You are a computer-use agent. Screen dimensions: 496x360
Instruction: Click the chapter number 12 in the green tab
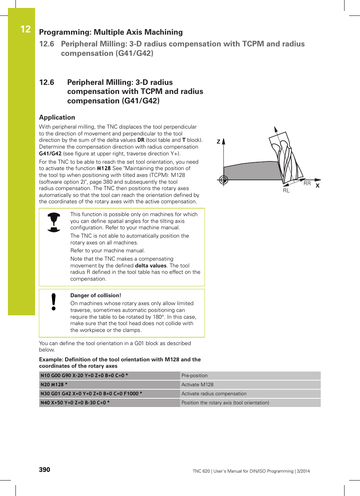[x=25, y=29]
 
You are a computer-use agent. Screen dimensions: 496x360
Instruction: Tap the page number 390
[x=45, y=470]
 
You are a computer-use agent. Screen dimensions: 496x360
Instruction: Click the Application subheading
[x=57, y=117]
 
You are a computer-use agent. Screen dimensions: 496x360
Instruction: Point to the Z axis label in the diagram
[x=218, y=142]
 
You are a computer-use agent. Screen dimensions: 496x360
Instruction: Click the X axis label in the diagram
[x=317, y=186]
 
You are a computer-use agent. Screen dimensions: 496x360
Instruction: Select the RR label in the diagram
[x=307, y=183]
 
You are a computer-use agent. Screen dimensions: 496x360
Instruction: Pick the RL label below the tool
[x=286, y=190]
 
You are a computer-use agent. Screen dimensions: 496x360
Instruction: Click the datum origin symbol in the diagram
[x=223, y=180]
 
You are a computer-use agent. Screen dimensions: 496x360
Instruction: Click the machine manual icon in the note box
[x=54, y=222]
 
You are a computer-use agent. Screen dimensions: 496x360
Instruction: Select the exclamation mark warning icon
[x=54, y=302]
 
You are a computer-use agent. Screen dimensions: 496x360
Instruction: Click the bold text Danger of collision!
[x=95, y=295]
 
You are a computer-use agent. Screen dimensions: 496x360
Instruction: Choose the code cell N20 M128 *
[x=54, y=385]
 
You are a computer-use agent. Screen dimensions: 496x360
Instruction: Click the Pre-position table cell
[x=194, y=376]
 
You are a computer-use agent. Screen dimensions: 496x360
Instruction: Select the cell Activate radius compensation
[x=214, y=394]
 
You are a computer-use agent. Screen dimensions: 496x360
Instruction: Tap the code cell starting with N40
[x=75, y=403]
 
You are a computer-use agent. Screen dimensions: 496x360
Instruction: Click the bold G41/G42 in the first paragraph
[x=50, y=154]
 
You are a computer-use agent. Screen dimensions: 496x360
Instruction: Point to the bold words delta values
[x=151, y=266]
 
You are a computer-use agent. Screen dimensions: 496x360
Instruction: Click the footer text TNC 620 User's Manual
[x=251, y=471]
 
